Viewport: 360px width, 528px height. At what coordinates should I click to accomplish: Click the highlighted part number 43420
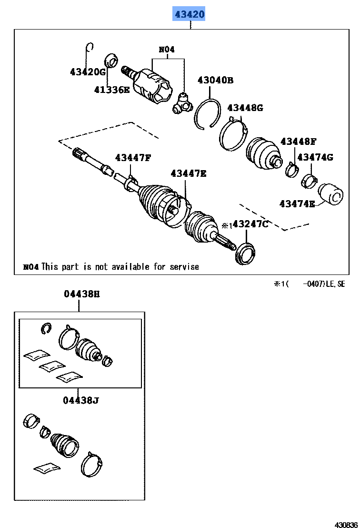190,15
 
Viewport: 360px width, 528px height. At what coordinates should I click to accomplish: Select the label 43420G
88,72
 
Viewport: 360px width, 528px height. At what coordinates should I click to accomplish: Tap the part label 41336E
111,89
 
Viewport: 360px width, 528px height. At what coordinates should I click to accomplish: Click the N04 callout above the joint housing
167,49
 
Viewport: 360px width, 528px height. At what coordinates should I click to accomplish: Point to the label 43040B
215,80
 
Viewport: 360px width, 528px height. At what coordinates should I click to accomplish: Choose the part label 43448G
245,108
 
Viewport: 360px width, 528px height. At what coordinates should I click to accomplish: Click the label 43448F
298,141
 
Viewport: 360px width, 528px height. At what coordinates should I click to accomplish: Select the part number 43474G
315,157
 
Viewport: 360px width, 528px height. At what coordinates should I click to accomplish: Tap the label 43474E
297,204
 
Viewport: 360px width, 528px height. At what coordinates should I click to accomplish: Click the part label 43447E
189,173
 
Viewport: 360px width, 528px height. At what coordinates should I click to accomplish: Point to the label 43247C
250,224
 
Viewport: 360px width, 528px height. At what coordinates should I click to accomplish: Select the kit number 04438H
81,294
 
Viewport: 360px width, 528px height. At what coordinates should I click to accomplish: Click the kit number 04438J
80,400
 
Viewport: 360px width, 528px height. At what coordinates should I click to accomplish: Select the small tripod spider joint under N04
182,103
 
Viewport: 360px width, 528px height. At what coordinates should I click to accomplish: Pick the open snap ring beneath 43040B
208,114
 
